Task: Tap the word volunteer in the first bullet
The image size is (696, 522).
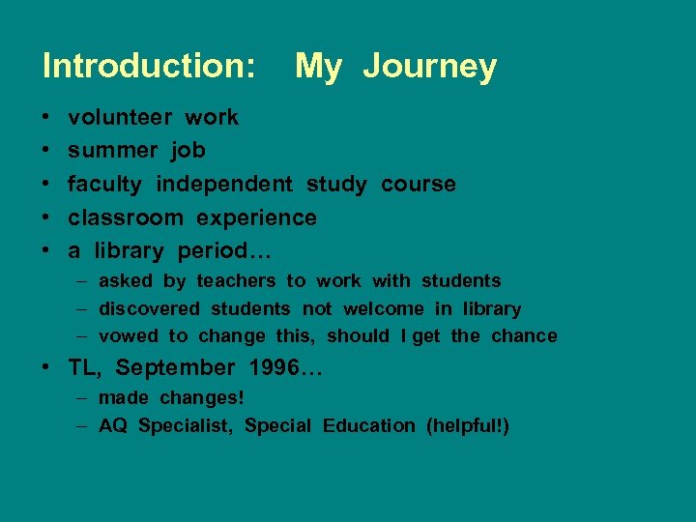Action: pyautogui.click(x=120, y=117)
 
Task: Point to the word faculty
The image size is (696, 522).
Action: pyautogui.click(x=104, y=184)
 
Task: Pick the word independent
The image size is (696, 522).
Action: pyautogui.click(x=224, y=184)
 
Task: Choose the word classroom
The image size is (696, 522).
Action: pyautogui.click(x=125, y=217)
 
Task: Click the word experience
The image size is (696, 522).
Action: pyautogui.click(x=257, y=217)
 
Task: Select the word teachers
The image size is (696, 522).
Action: pyautogui.click(x=237, y=281)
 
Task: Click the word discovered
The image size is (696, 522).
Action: pyautogui.click(x=149, y=309)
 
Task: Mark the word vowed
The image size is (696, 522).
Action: pyautogui.click(x=129, y=336)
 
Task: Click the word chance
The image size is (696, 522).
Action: pyautogui.click(x=524, y=336)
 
